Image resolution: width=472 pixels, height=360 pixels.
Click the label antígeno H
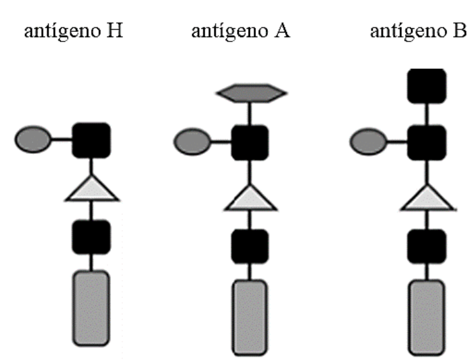point(73,31)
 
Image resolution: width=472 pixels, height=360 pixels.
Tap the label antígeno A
point(240,31)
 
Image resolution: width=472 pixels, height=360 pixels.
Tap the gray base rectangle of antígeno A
point(250,317)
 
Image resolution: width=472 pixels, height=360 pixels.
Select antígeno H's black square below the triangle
point(91,237)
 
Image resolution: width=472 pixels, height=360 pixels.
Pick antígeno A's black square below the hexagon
point(250,142)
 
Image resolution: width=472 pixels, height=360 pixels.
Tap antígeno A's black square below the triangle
point(250,246)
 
